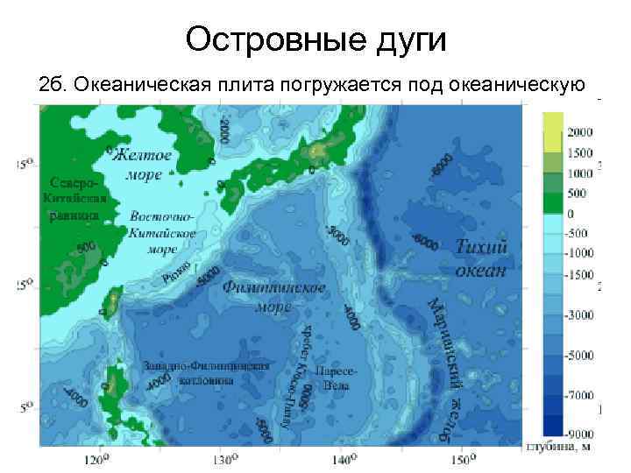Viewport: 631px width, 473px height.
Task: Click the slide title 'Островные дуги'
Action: tap(315, 40)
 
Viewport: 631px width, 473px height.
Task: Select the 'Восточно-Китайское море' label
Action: tap(162, 232)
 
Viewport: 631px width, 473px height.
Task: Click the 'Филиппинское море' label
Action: tap(273, 296)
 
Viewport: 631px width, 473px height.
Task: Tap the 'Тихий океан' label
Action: tap(481, 258)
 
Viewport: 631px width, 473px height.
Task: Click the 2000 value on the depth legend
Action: tap(582, 132)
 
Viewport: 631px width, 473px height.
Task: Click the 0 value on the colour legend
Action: tap(575, 213)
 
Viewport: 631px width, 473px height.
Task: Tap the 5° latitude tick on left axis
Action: tap(25, 407)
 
